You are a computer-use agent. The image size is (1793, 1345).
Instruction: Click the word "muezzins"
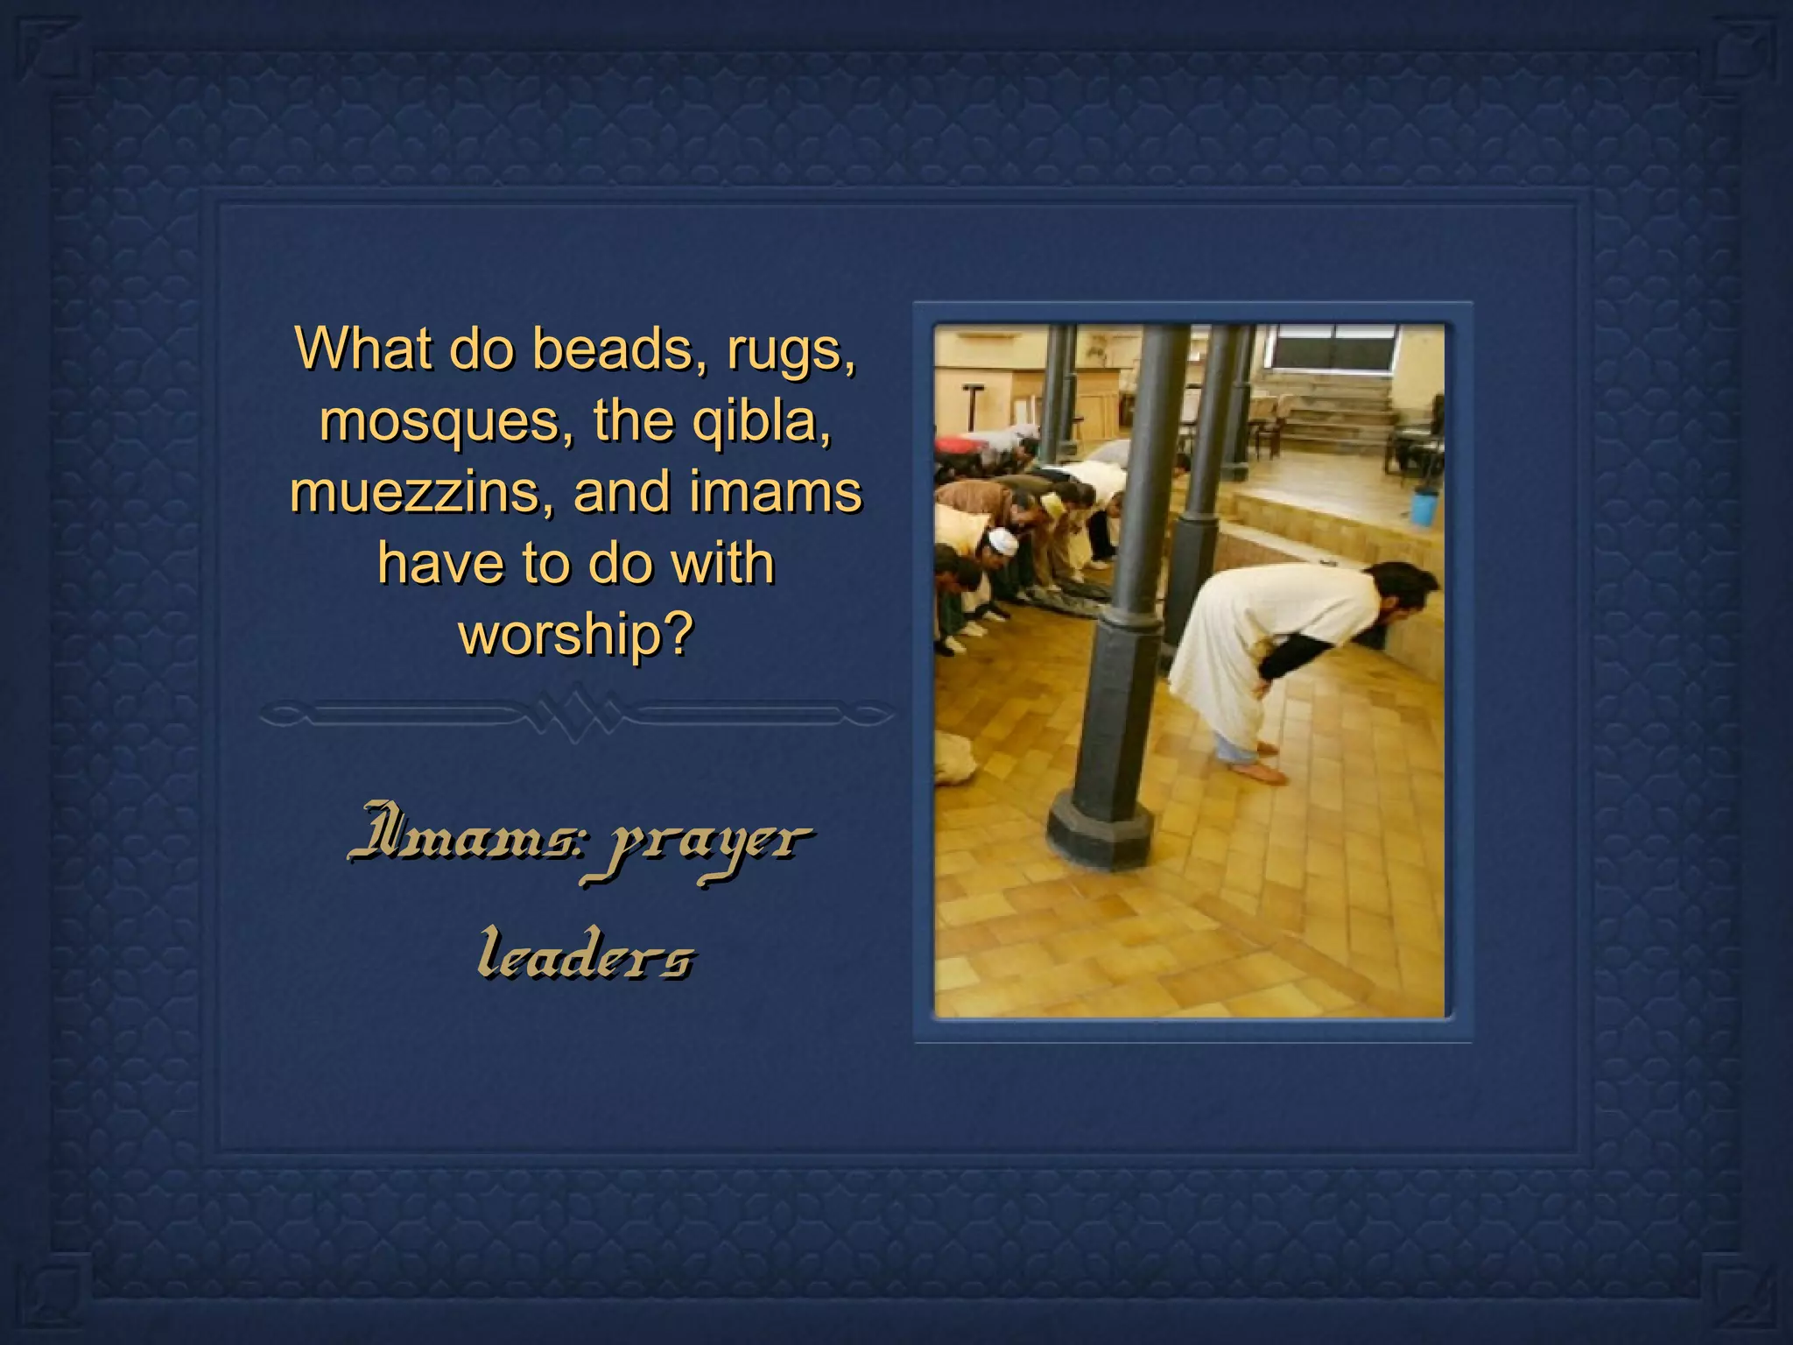coord(424,492)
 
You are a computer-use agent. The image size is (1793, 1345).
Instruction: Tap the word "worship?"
coord(576,634)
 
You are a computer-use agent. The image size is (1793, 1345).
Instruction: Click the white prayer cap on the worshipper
coord(1003,543)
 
